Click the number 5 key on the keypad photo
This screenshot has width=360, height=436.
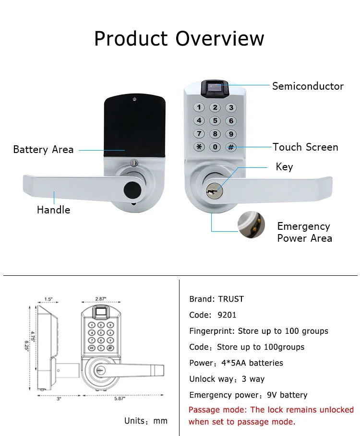(215, 121)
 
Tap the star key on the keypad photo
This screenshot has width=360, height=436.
(199, 147)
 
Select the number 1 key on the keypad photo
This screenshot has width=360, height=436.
(199, 107)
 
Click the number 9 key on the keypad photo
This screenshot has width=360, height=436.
(231, 134)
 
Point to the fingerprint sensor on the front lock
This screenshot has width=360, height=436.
(215, 89)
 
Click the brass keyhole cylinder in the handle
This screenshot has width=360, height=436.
(214, 191)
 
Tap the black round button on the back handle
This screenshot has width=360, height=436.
(132, 189)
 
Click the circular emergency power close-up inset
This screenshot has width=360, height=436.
(251, 224)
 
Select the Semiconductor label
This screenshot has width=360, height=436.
(308, 86)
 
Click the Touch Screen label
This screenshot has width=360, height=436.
(305, 147)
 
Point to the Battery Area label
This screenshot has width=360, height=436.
(43, 150)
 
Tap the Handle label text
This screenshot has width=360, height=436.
(54, 210)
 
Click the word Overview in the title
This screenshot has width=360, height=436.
(220, 38)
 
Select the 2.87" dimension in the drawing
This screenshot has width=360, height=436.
(100, 299)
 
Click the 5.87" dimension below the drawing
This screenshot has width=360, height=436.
(120, 399)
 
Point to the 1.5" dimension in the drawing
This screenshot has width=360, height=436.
(48, 299)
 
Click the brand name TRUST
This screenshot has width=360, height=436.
(231, 299)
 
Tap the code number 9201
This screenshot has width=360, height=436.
(227, 315)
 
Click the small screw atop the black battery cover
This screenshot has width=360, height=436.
(134, 99)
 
